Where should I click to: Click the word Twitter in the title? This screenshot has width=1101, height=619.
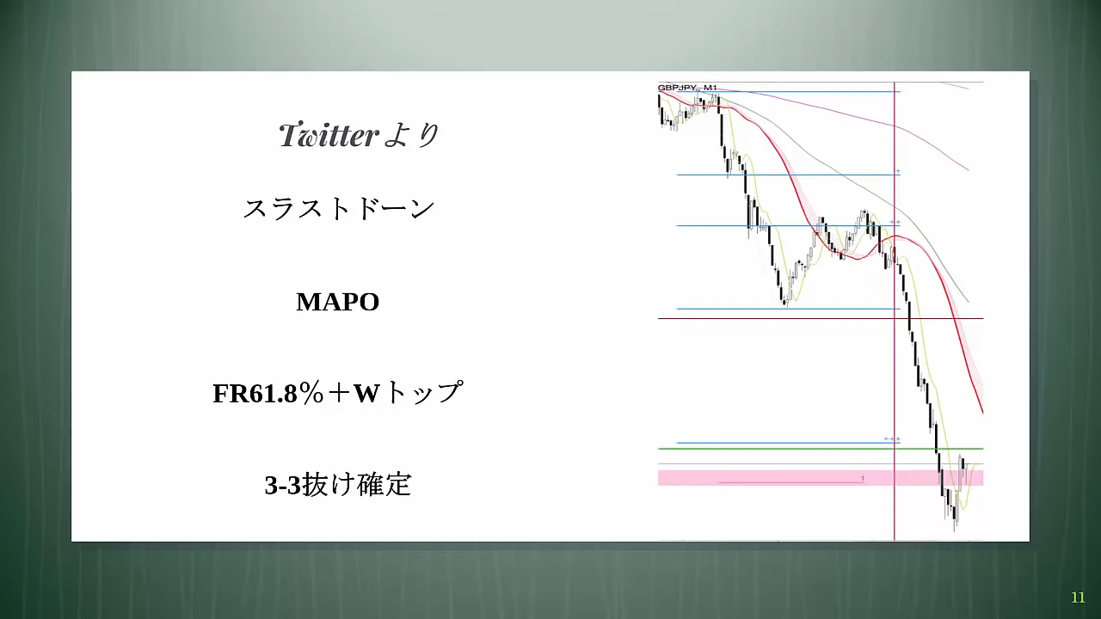tap(329, 135)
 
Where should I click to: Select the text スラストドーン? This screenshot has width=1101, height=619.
tap(339, 209)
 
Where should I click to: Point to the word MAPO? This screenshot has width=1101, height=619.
tap(338, 302)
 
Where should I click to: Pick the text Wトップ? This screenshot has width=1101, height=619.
tap(408, 393)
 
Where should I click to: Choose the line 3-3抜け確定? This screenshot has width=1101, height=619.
tap(338, 484)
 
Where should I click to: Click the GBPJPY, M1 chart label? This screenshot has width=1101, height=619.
tap(687, 88)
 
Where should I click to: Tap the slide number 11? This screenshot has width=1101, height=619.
tap(1078, 598)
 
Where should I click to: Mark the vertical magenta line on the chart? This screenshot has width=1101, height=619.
tap(894, 311)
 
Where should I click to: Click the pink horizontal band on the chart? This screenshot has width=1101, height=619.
tap(821, 478)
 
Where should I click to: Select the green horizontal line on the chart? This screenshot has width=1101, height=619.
tap(821, 449)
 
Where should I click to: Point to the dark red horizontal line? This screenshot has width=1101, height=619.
tap(821, 318)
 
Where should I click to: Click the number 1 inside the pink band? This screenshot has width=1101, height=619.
tap(863, 479)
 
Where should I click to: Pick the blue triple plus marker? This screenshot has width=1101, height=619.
tap(892, 438)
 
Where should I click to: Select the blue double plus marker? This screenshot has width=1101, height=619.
tap(895, 222)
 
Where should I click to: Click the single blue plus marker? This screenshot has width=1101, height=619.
tap(898, 171)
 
